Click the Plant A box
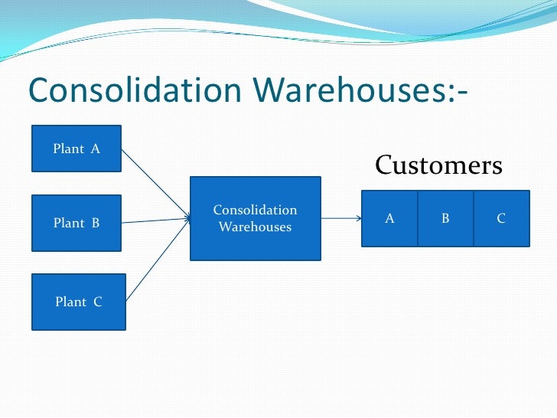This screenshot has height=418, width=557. [x=76, y=149]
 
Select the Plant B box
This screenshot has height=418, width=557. [x=76, y=223]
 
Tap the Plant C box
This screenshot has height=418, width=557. [x=77, y=302]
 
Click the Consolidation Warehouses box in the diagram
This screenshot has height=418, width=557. [x=255, y=218]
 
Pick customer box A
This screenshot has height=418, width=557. [x=389, y=218]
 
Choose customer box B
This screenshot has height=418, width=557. [x=445, y=218]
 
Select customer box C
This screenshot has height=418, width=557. [x=501, y=218]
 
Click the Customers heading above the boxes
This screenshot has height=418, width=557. [x=438, y=165]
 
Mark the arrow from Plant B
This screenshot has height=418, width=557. [x=155, y=220]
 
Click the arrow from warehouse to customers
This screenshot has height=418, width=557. [x=340, y=218]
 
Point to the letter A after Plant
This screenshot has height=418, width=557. [x=96, y=149]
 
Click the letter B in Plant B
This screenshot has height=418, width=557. [x=96, y=224]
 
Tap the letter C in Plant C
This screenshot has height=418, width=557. [x=97, y=302]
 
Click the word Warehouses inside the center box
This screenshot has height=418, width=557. [x=255, y=227]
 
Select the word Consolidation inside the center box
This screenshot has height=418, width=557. [x=255, y=210]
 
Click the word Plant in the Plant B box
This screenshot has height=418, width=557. [x=68, y=224]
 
